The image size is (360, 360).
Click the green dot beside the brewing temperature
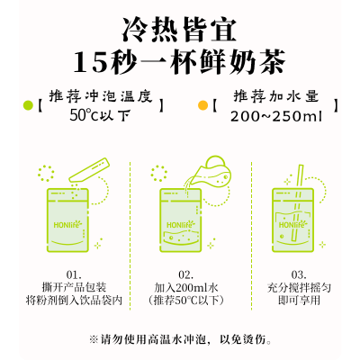(x=28, y=105)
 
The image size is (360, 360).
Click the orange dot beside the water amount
(x=202, y=105)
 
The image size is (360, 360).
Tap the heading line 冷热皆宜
(x=179, y=30)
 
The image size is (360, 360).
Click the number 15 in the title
(x=89, y=62)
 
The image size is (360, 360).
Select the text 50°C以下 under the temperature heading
(x=101, y=115)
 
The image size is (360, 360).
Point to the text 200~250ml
(x=276, y=116)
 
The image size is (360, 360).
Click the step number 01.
(x=74, y=274)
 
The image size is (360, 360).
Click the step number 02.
(x=186, y=274)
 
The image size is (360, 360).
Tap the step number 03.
(x=299, y=274)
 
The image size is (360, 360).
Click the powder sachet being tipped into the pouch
(x=89, y=170)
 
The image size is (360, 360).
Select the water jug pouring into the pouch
(x=210, y=173)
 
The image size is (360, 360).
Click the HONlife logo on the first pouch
(x=67, y=224)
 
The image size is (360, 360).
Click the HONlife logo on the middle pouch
(x=181, y=224)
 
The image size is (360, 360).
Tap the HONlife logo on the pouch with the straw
(x=292, y=224)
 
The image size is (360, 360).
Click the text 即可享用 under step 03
(x=299, y=300)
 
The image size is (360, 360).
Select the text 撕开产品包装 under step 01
(x=74, y=287)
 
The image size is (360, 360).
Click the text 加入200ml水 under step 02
(x=186, y=287)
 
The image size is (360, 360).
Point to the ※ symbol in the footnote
(x=94, y=339)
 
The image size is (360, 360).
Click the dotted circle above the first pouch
(x=46, y=174)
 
